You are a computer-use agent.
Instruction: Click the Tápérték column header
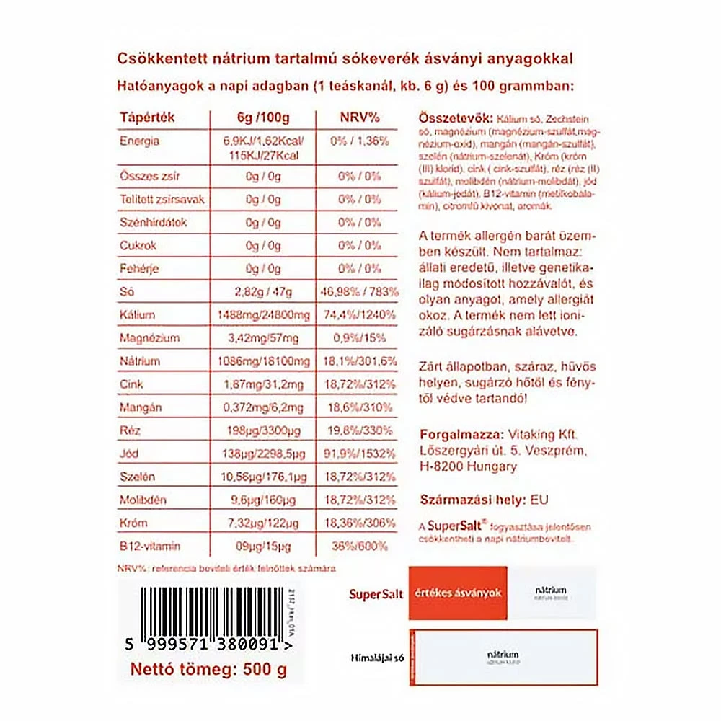pyautogui.click(x=148, y=118)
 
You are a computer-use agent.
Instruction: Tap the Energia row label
pyautogui.click(x=140, y=141)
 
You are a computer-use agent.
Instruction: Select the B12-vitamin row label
pyautogui.click(x=150, y=546)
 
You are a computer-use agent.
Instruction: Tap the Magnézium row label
pyautogui.click(x=150, y=338)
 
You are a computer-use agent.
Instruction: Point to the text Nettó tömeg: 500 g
pyautogui.click(x=208, y=670)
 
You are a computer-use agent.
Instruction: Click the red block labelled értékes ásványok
pyautogui.click(x=458, y=593)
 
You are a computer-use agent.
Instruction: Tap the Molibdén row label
pyautogui.click(x=144, y=500)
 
